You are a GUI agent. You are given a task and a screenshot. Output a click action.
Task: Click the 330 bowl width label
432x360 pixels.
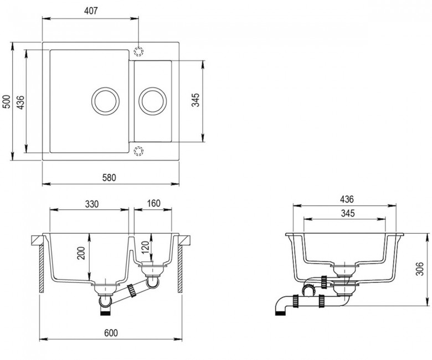(x=91, y=203)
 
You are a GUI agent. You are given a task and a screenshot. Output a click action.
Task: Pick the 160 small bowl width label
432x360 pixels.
(x=153, y=203)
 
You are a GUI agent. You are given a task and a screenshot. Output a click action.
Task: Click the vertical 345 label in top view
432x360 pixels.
(x=195, y=100)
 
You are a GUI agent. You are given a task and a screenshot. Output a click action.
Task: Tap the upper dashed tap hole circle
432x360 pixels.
(x=138, y=51)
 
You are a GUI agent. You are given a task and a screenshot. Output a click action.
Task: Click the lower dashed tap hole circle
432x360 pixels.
(x=138, y=150)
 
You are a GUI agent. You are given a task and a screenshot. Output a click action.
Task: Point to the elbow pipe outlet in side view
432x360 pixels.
(x=281, y=308)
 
